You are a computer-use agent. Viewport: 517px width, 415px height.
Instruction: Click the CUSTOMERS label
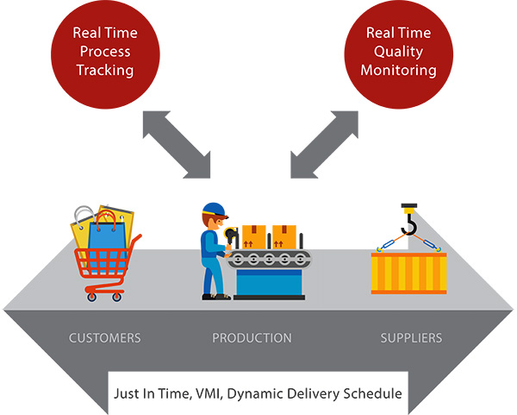(x=105, y=338)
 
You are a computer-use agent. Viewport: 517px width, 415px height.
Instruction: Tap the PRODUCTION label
(x=252, y=338)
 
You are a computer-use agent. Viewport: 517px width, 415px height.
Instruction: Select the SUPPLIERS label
(x=411, y=338)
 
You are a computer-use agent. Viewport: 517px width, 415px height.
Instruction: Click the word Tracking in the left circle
(x=105, y=71)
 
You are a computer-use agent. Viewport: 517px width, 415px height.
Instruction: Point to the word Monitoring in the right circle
(x=398, y=71)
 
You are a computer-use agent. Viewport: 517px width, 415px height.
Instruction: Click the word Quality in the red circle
(x=398, y=52)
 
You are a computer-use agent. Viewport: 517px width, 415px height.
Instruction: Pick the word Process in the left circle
(x=105, y=52)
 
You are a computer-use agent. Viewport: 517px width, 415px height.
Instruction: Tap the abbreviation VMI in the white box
(x=209, y=394)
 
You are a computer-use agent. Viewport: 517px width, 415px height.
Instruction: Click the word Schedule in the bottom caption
(x=372, y=393)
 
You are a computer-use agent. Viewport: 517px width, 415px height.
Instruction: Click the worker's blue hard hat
(x=215, y=210)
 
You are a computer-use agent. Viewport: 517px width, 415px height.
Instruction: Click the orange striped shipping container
(x=408, y=274)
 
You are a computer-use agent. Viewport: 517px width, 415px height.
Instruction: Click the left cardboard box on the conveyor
(x=254, y=237)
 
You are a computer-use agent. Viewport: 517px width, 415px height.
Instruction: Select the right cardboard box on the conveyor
(x=284, y=237)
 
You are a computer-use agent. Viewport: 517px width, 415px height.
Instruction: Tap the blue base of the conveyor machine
(x=269, y=282)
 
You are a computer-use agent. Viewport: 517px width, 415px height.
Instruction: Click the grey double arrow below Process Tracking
(x=177, y=145)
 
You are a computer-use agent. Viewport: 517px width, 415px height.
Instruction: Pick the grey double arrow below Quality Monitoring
(x=324, y=145)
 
